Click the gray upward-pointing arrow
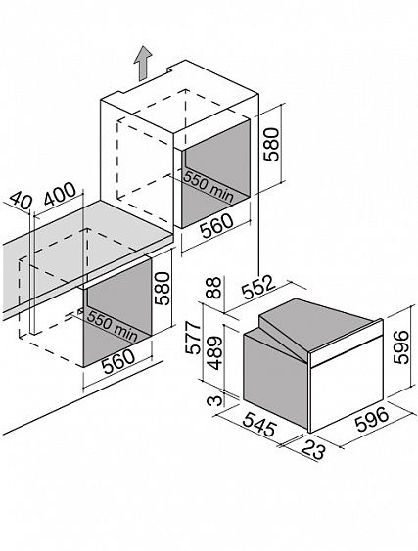[x=142, y=64]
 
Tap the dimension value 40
[x=22, y=201]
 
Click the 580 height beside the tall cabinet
[x=273, y=144]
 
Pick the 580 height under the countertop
[x=163, y=288]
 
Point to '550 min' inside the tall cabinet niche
[x=209, y=187]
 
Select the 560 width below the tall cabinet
[x=216, y=225]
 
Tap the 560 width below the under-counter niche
[x=118, y=361]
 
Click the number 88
[x=213, y=288]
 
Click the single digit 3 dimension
[x=218, y=400]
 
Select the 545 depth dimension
[x=259, y=424]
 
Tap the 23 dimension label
[x=313, y=448]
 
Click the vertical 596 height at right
[x=401, y=346]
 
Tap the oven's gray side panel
[x=276, y=378]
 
